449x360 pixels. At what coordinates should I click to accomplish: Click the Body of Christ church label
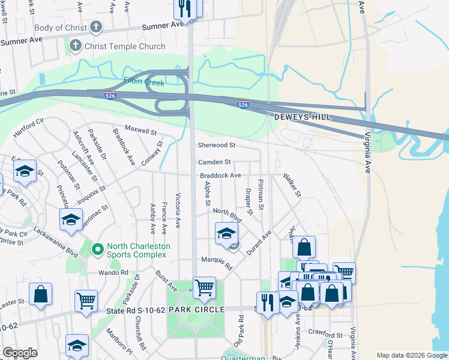[x=57, y=28]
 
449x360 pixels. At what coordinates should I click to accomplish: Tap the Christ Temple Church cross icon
[x=76, y=46]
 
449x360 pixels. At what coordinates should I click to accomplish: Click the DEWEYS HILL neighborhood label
[x=303, y=118]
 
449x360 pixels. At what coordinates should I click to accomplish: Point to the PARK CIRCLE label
[x=196, y=310]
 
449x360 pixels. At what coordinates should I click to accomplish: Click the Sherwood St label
[x=217, y=145]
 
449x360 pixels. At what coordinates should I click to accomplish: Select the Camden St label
[x=214, y=162]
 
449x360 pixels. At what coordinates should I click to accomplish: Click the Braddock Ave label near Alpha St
[x=220, y=175]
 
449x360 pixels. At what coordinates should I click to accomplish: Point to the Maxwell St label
[x=140, y=129]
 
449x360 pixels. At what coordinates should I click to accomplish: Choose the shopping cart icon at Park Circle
[x=204, y=287]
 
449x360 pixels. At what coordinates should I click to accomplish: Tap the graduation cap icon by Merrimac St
[x=71, y=220]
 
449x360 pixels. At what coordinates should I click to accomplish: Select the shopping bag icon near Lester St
[x=41, y=294]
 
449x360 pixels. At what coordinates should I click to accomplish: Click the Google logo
[x=20, y=353]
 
